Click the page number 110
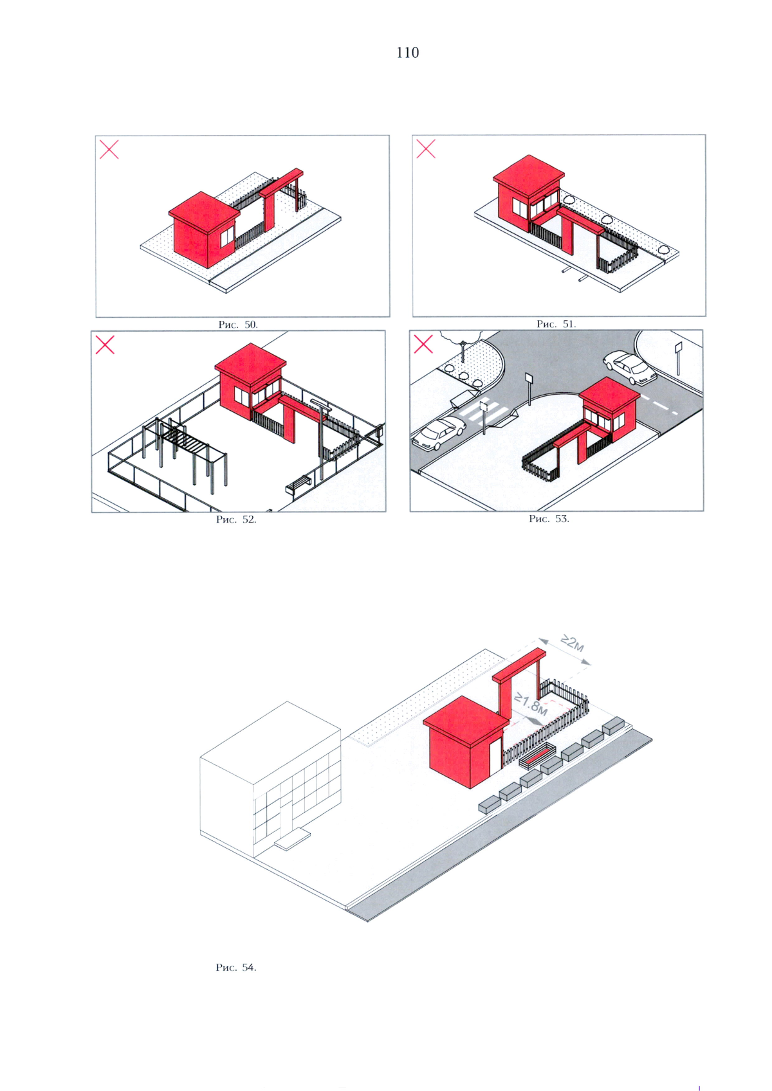[407, 53]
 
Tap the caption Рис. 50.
[238, 325]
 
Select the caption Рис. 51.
[556, 324]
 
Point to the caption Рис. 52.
[236, 519]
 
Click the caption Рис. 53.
[549, 519]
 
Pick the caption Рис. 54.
[236, 968]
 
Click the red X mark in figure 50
[109, 150]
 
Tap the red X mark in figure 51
[426, 149]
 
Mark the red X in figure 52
[105, 345]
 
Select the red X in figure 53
[423, 345]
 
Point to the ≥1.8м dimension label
[531, 704]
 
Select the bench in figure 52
[299, 485]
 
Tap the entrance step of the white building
[292, 840]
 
